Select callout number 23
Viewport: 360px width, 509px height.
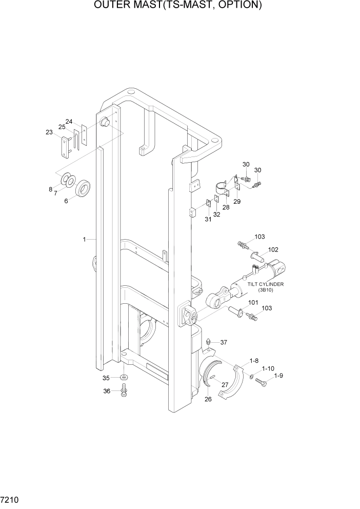(49, 132)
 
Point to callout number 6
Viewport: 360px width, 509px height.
(66, 201)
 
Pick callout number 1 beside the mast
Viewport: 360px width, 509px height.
(84, 239)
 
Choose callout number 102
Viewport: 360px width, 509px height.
(273, 250)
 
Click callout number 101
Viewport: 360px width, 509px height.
(253, 303)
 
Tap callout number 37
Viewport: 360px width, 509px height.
(224, 342)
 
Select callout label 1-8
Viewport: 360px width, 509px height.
(254, 361)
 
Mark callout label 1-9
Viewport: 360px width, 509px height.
(278, 376)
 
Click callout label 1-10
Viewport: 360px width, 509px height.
(268, 369)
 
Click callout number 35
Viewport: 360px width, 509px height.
(107, 378)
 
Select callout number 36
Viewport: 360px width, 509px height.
(107, 391)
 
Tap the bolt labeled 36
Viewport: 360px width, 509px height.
(124, 393)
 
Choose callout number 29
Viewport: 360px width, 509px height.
(236, 202)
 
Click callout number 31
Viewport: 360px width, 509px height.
(208, 219)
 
